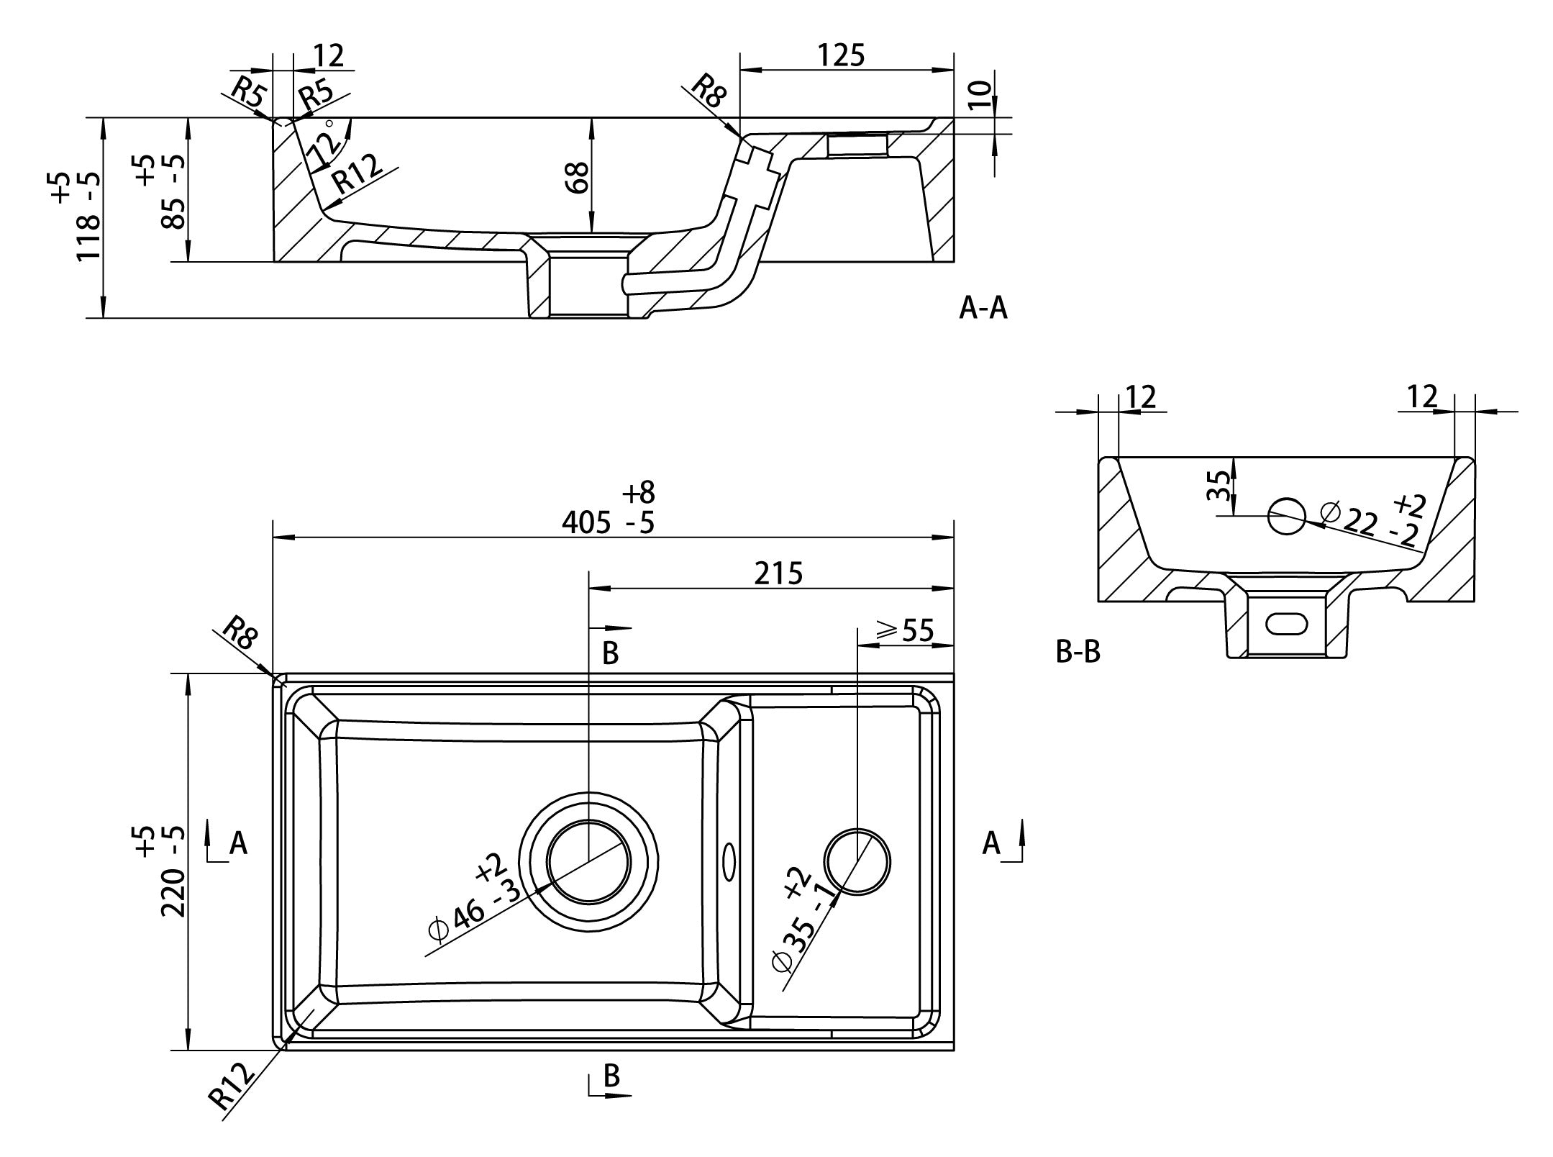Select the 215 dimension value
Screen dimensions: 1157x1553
778,573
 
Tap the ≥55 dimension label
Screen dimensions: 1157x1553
905,631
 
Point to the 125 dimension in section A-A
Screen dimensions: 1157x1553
841,55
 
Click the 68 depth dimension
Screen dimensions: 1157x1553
578,177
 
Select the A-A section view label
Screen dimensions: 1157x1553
983,308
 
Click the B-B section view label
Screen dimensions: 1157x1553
1078,652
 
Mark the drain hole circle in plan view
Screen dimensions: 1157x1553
588,861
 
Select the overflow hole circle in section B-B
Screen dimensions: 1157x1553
1286,516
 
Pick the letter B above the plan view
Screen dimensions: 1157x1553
610,653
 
